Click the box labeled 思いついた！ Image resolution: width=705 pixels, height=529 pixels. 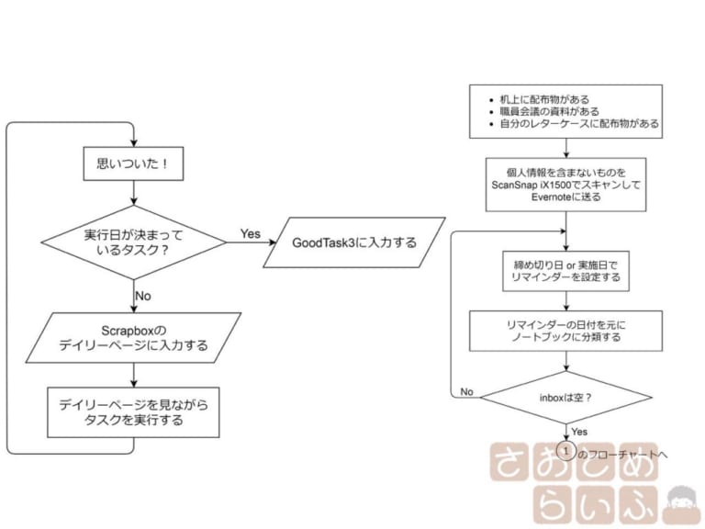133,163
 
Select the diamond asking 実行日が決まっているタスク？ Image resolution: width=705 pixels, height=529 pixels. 133,242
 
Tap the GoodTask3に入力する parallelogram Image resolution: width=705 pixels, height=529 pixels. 354,242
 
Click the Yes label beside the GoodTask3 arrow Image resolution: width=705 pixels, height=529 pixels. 251,234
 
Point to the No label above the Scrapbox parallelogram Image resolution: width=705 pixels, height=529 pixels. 143,296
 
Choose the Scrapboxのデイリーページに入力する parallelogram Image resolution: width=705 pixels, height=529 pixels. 133,338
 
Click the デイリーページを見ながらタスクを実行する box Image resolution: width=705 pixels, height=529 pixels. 133,412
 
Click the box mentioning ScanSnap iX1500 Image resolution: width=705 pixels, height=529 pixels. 566,185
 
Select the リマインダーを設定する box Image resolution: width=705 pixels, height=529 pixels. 566,271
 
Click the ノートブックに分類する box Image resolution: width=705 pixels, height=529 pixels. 566,331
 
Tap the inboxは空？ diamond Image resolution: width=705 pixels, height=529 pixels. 566,397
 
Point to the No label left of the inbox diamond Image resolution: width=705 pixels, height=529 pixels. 466,392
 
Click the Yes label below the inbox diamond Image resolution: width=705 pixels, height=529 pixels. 579,432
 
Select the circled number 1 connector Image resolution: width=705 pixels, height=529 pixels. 566,451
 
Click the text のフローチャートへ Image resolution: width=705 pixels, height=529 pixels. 622,455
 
